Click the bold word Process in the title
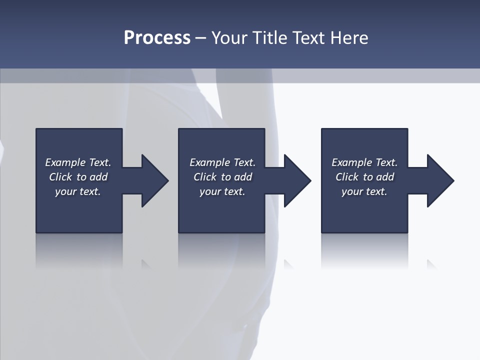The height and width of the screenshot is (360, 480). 157,38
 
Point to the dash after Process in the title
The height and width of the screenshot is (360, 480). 200,38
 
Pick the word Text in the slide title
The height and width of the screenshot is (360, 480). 308,38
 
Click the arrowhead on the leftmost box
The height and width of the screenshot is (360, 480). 152,180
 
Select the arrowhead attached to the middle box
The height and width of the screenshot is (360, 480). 295,180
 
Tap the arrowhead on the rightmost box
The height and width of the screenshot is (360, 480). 438,180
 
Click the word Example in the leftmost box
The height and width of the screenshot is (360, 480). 65,162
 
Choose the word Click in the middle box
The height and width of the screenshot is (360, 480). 205,177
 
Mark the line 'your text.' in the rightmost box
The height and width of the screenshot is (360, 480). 364,191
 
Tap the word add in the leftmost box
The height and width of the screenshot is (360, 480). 98,177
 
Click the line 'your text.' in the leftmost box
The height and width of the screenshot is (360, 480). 78,191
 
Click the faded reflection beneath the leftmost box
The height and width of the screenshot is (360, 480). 79,250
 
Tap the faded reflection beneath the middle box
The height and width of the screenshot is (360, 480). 221,250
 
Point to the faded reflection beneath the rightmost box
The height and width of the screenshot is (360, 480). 364,250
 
